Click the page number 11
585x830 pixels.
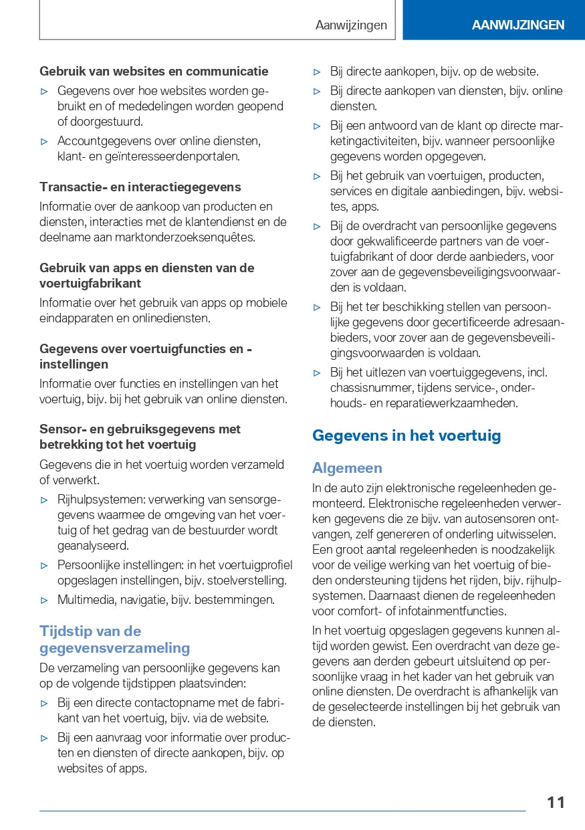556,802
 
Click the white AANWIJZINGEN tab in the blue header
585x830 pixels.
518,25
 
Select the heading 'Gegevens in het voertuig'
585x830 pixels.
406,436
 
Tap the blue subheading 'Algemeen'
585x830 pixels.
347,468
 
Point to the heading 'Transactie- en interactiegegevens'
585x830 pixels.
140,187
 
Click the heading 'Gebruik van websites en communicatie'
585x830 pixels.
154,72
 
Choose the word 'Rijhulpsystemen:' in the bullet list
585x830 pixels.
101,500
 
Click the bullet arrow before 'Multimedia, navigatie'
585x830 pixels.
45,600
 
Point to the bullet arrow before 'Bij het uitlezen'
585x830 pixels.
318,373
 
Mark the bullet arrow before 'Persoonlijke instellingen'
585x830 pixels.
45,565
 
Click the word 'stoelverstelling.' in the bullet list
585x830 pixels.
247,581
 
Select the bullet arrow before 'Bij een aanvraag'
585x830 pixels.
45,738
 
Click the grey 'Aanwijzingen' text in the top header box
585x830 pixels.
351,25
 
